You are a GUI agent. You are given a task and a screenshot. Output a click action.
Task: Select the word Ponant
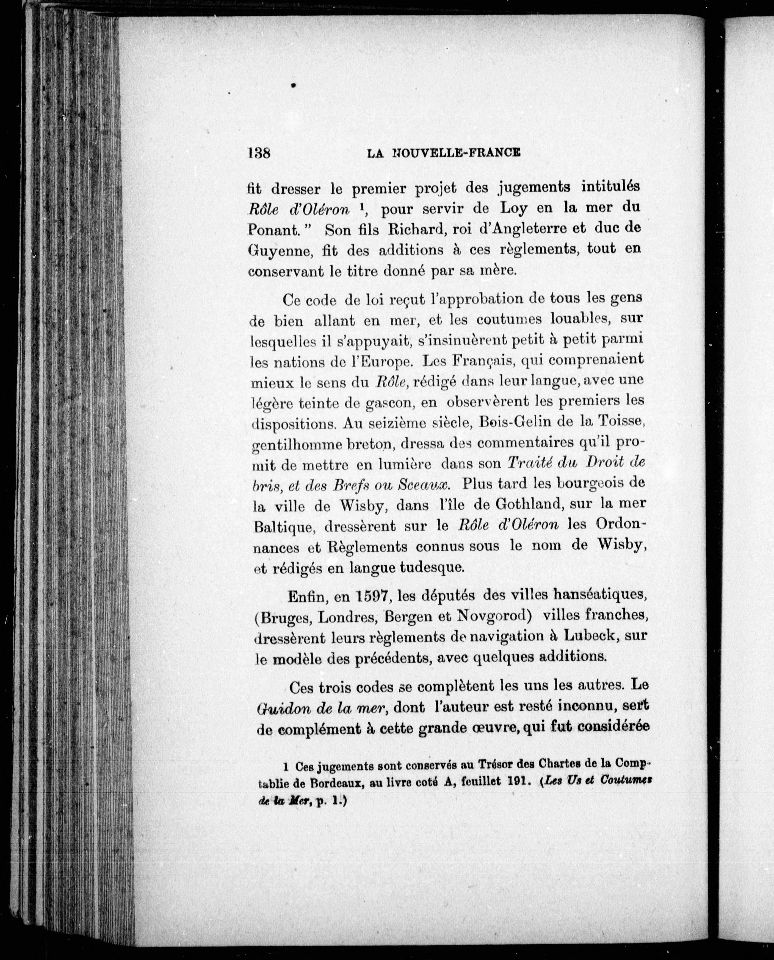click(x=272, y=230)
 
